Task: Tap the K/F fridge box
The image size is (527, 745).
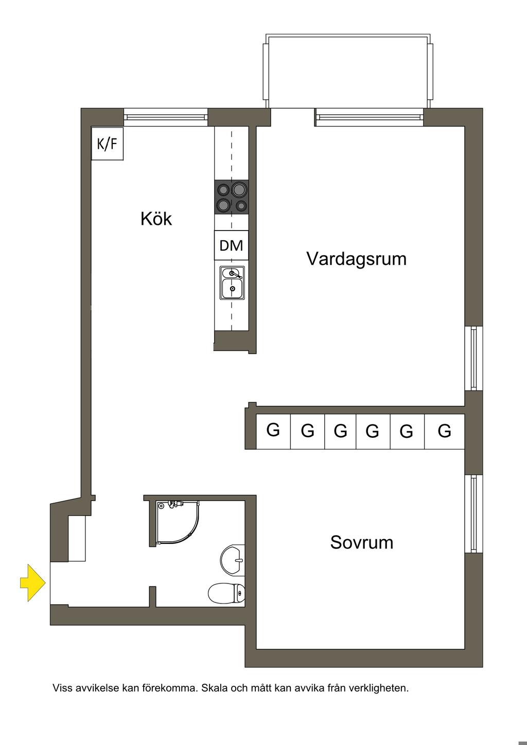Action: [x=107, y=144]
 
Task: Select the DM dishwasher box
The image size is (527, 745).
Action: [x=231, y=245]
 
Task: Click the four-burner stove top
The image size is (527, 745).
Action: [x=232, y=197]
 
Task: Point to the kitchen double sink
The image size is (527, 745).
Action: [x=232, y=282]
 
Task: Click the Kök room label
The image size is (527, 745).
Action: [x=156, y=219]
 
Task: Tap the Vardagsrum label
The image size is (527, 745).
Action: [x=356, y=258]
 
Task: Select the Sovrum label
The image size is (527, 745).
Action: [x=361, y=542]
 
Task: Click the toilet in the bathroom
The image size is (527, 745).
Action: [x=227, y=593]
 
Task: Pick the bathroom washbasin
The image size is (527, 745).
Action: [x=233, y=558]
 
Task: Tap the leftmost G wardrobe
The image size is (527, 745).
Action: [x=273, y=430]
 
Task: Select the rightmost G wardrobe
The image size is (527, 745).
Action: [x=445, y=430]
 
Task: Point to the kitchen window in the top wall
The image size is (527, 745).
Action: [x=166, y=117]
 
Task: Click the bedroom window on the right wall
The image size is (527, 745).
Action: [x=474, y=513]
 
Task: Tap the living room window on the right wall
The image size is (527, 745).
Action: [x=474, y=358]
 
